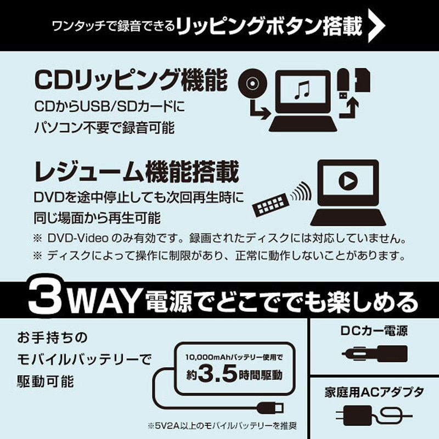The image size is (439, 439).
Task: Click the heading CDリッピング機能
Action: (x=131, y=80)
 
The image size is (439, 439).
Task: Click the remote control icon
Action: (x=269, y=205)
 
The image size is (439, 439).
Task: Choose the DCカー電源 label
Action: (x=373, y=331)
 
